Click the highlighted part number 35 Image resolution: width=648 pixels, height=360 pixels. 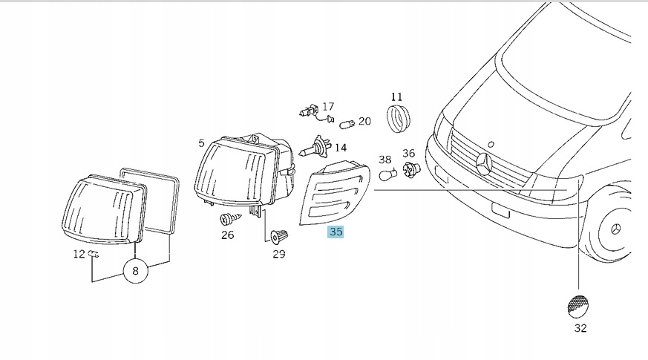336,232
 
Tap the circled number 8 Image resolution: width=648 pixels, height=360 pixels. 135,271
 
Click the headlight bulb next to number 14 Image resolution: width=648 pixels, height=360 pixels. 315,147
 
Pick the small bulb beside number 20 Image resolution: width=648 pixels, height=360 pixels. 347,124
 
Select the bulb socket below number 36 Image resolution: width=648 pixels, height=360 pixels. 411,170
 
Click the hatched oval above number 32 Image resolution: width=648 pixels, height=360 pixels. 578,307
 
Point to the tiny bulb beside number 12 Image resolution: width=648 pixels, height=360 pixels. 94,254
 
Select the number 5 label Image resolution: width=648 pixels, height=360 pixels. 201,143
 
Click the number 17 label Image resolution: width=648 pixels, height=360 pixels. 328,107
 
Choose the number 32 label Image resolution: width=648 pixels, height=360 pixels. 580,328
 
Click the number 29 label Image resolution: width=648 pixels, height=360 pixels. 279,254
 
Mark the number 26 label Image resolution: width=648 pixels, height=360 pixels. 228,235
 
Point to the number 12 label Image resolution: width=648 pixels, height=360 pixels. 79,254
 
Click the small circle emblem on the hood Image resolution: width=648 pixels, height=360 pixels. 491,144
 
